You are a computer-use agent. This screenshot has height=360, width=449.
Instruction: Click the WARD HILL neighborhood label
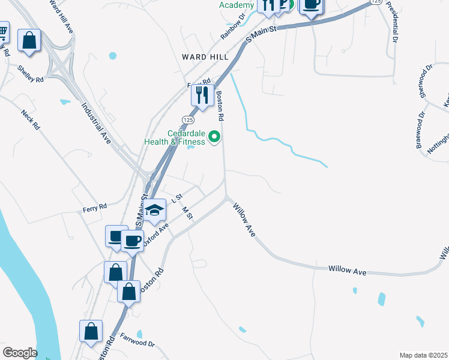[x=205, y=56]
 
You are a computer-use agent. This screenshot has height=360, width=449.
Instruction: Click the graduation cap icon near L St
[x=155, y=210]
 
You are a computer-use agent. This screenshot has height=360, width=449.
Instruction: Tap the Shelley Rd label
[x=31, y=74]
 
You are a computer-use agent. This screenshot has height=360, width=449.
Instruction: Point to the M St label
[x=186, y=213]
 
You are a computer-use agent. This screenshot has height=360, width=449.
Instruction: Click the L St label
[x=176, y=197]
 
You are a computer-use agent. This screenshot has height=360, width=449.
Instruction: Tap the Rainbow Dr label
[x=234, y=27]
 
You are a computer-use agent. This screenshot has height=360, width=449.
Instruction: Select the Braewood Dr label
[x=422, y=122]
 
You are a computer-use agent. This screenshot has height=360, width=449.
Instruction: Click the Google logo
[x=20, y=353]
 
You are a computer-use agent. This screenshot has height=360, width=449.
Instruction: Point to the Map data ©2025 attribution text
[x=423, y=355]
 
